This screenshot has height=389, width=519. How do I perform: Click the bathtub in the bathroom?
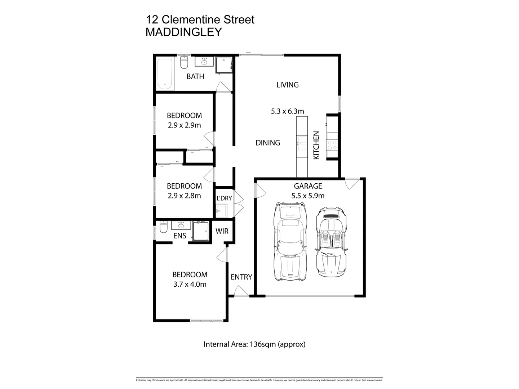tap(165, 74)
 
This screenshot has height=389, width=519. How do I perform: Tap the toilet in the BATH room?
tap(184, 63)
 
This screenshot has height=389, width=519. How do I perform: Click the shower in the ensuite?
tap(201, 231)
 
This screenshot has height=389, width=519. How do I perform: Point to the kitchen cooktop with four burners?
tap(332, 145)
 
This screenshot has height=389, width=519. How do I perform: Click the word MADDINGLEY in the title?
tap(183, 32)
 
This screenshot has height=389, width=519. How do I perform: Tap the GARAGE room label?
tap(308, 186)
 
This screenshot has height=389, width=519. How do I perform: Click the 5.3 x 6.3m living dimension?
tap(287, 111)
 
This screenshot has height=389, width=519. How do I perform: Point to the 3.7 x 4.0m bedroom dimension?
tap(190, 284)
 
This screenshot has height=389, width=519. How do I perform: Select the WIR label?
tap(222, 231)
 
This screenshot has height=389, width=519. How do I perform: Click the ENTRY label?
tap(241, 277)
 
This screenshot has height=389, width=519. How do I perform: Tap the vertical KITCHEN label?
tap(316, 145)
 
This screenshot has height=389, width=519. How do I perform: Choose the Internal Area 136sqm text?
tap(254, 344)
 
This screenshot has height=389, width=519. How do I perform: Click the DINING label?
tap(268, 143)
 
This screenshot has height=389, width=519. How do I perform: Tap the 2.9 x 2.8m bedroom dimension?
tap(184, 196)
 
